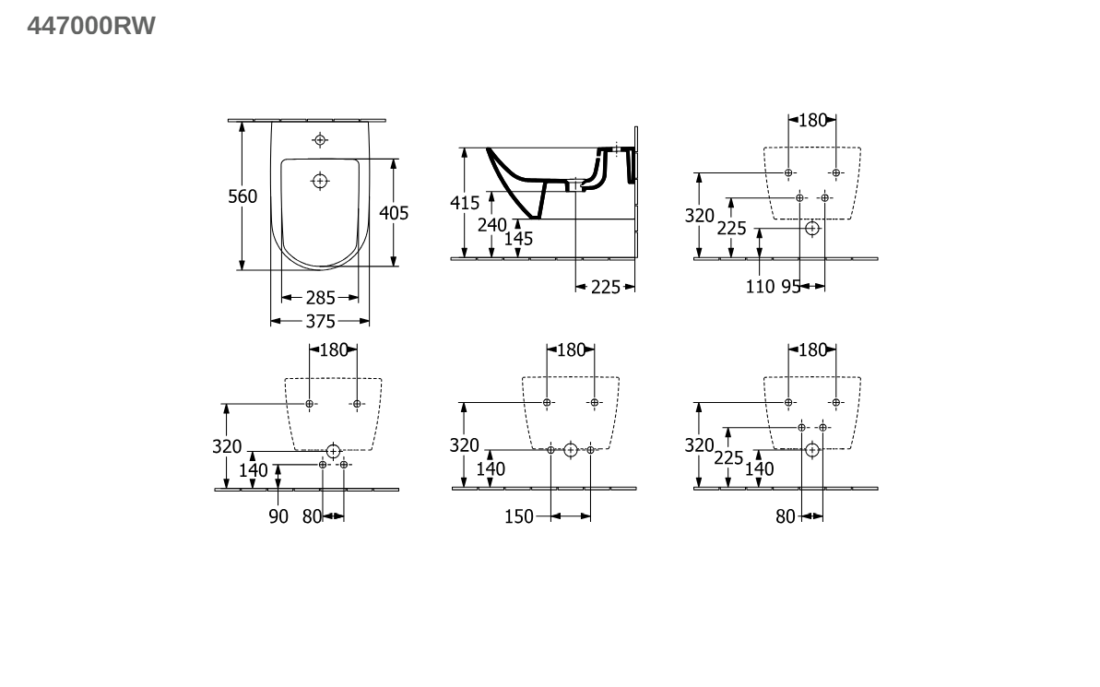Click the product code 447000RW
pos(91,26)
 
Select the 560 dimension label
pos(242,196)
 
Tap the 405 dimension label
pos(394,213)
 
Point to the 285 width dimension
pos(320,298)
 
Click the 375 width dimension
pos(320,322)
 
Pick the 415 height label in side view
pos(465,203)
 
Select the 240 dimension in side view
pos(491,225)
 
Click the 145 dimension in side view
pos(518,239)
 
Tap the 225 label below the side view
pos(606,287)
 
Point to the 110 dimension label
pos(760,286)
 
